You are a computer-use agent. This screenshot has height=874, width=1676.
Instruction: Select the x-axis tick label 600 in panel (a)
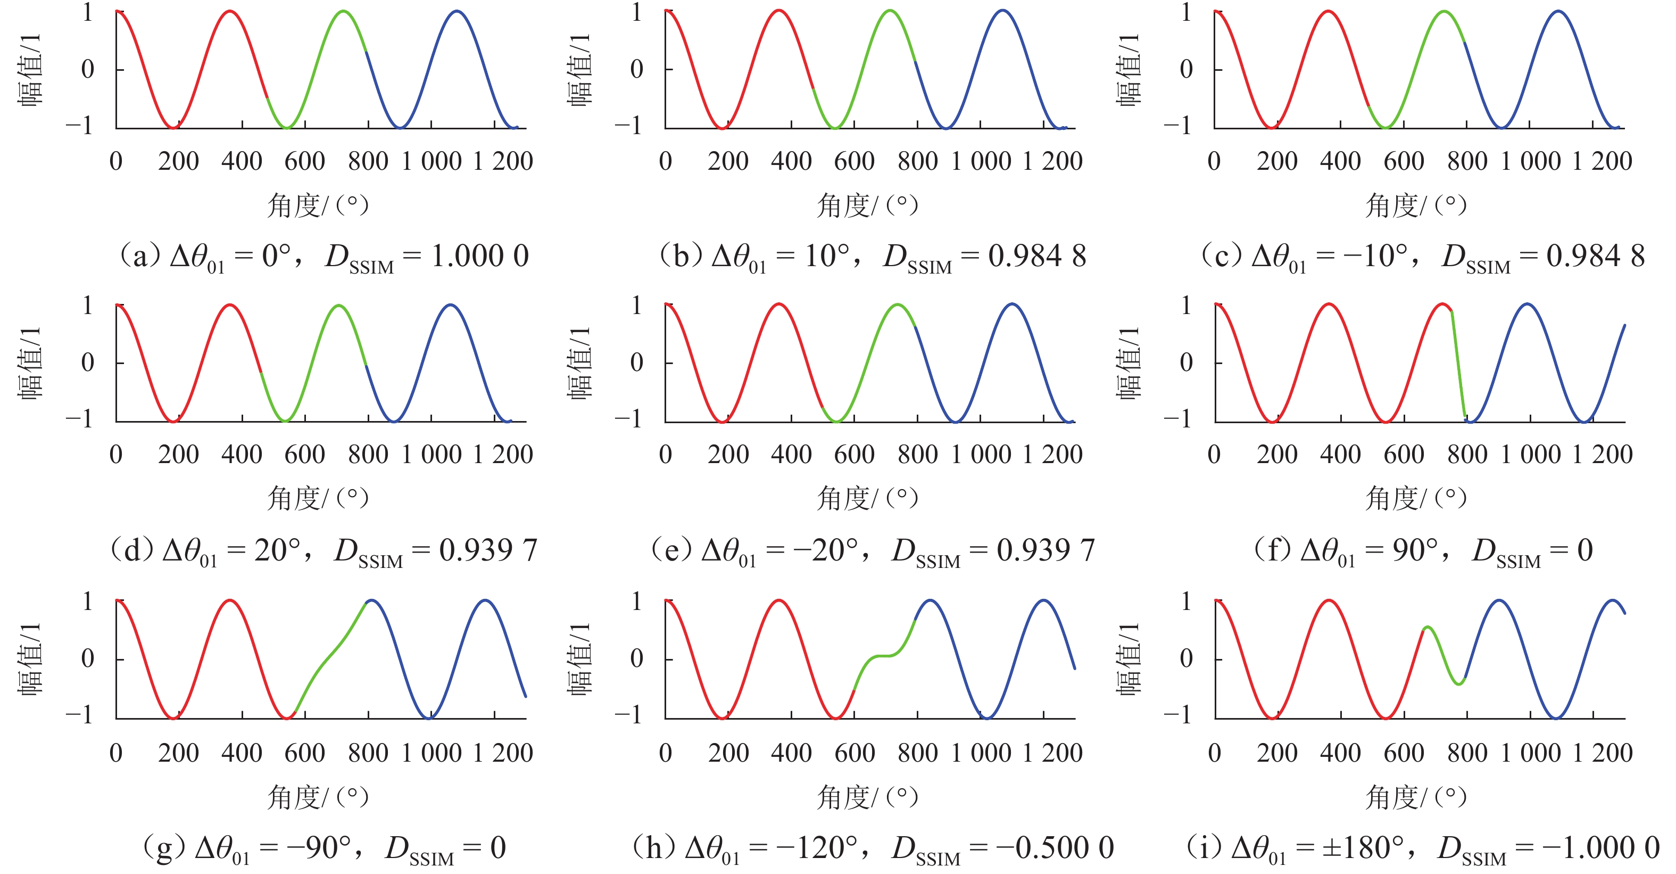pyautogui.click(x=304, y=161)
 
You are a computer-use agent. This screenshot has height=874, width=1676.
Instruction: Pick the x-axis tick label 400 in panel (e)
pyautogui.click(x=791, y=454)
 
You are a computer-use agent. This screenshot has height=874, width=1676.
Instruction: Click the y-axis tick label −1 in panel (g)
pyautogui.click(x=79, y=714)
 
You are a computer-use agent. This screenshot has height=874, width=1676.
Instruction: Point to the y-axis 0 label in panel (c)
pyautogui.click(x=1186, y=69)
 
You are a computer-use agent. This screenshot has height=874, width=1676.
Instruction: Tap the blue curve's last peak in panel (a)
pyautogui.click(x=458, y=11)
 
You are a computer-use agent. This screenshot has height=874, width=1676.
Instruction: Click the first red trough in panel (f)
pyautogui.click(x=1272, y=422)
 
